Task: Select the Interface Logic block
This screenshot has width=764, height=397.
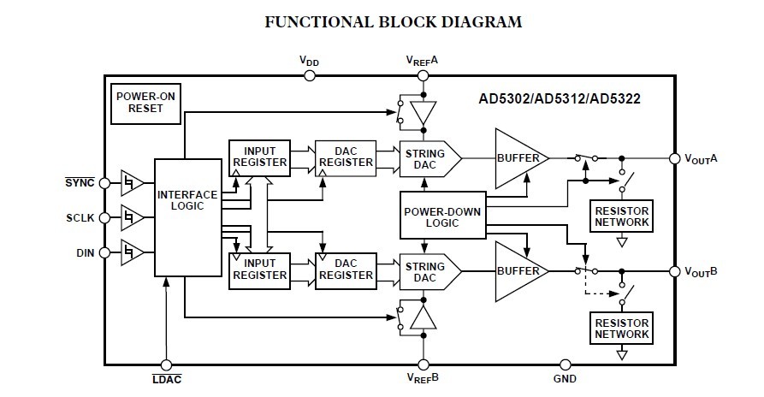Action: (186, 216)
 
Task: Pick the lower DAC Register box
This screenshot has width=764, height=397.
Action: (346, 269)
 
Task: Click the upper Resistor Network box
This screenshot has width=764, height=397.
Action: (621, 216)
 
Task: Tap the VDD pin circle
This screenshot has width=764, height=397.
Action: (310, 75)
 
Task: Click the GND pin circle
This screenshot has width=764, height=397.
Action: (565, 364)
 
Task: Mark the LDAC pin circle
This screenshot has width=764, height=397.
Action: (165, 364)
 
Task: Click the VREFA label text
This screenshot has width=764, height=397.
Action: (422, 61)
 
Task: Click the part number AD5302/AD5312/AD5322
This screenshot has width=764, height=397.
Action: (560, 98)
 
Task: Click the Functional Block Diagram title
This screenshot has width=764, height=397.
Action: (382, 21)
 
